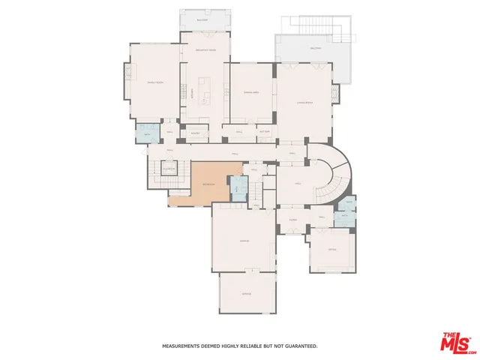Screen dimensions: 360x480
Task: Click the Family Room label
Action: click(154, 83)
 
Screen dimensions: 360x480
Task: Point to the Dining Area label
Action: click(250, 93)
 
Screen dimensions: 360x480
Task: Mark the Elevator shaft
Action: click(169, 169)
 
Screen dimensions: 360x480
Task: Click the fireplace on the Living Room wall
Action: click(336, 94)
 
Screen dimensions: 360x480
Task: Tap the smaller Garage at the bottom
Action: click(246, 293)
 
